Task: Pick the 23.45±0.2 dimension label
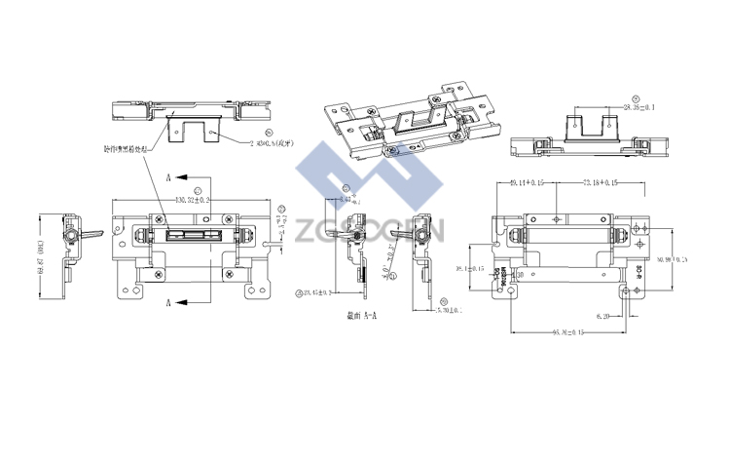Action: tap(318, 291)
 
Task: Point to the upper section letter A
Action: tap(168, 178)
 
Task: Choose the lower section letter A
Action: tap(168, 303)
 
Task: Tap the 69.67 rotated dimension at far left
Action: tap(42, 258)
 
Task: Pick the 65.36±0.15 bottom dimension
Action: tap(574, 333)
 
